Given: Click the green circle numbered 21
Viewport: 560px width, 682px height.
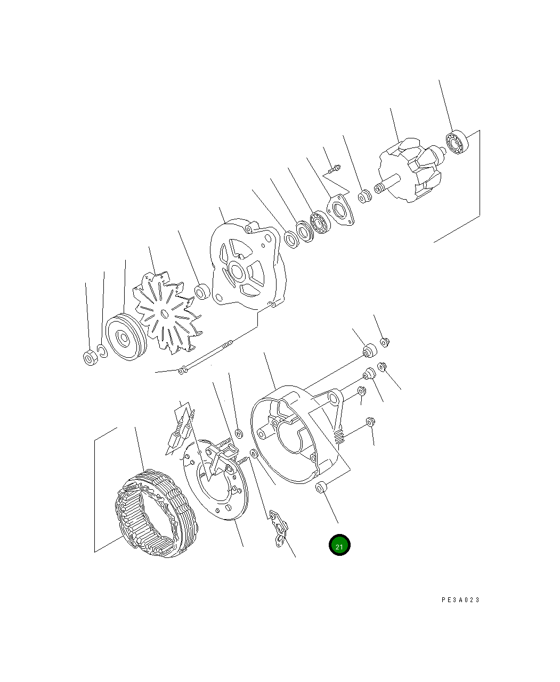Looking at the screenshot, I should tap(339, 545).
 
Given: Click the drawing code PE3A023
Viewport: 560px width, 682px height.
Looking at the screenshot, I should tap(460, 600).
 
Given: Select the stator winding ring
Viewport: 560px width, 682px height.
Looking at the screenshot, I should tap(156, 513).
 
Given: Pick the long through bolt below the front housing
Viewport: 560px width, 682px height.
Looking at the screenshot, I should tap(208, 358).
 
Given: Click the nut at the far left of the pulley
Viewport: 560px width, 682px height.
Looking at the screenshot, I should tap(90, 358).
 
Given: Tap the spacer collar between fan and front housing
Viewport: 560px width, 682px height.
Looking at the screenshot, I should tap(201, 291).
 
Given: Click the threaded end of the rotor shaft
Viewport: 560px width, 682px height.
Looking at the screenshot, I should tap(380, 188).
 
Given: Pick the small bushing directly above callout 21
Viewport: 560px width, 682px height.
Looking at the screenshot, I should tap(322, 487).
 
